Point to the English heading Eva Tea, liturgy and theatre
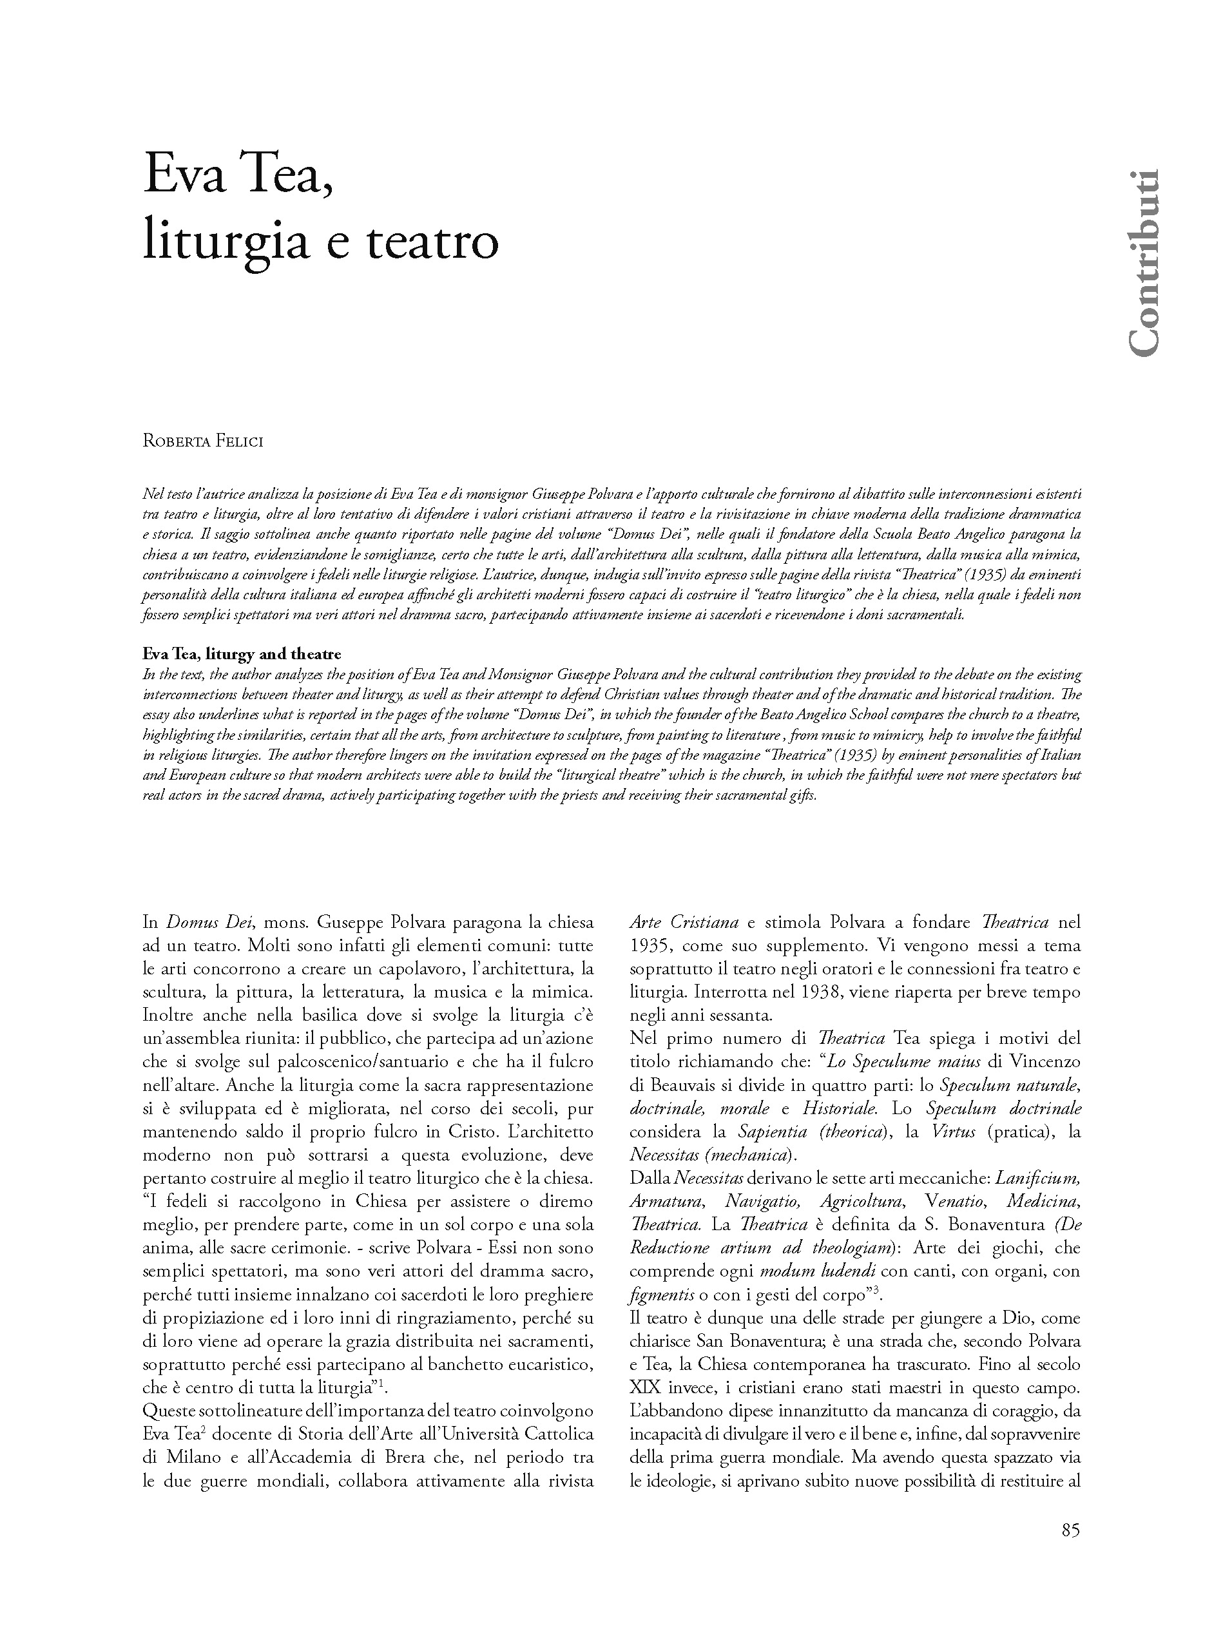pos(242,654)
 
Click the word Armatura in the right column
pos(666,1201)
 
